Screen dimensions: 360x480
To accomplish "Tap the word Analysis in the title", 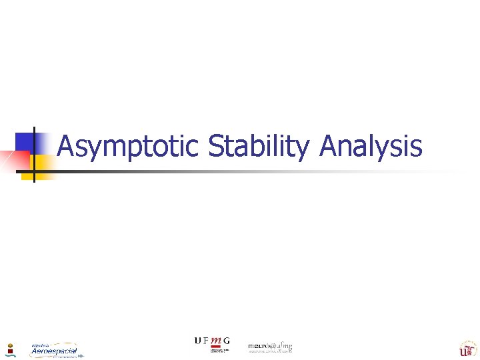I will coord(370,146).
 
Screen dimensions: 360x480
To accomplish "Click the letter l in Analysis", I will coord(375,145).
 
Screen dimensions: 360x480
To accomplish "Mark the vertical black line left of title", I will coord(33,153).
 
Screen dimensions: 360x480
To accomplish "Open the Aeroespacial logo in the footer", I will coord(54,350).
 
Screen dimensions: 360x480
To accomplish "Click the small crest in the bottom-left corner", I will coord(10,349).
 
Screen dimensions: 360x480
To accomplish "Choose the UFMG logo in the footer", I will coord(212,343).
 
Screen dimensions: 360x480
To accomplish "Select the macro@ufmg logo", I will coord(270,347).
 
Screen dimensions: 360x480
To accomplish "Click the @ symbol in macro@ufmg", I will coord(275,346).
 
